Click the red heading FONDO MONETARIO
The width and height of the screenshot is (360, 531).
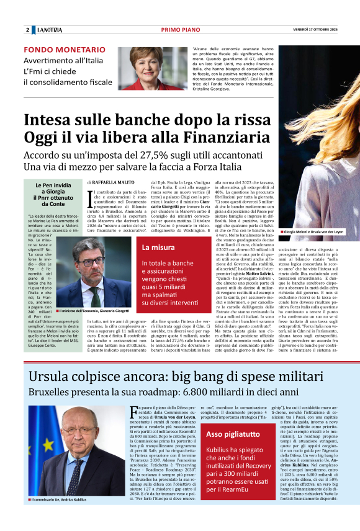65,50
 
